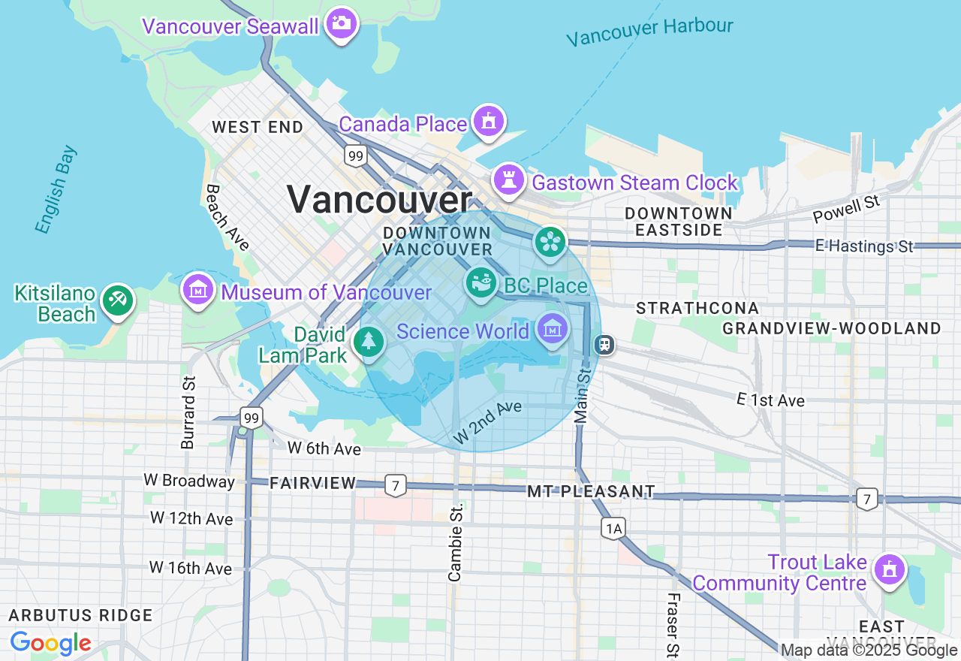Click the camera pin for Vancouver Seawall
click(342, 24)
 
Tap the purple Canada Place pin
click(488, 121)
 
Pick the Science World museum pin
click(553, 329)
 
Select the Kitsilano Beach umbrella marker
click(118, 300)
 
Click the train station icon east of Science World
click(604, 345)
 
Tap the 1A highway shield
click(613, 529)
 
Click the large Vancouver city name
click(379, 200)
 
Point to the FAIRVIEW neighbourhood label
click(313, 484)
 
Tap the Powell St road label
click(846, 210)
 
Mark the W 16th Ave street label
click(191, 568)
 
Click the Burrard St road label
click(188, 412)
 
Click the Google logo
click(50, 644)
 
